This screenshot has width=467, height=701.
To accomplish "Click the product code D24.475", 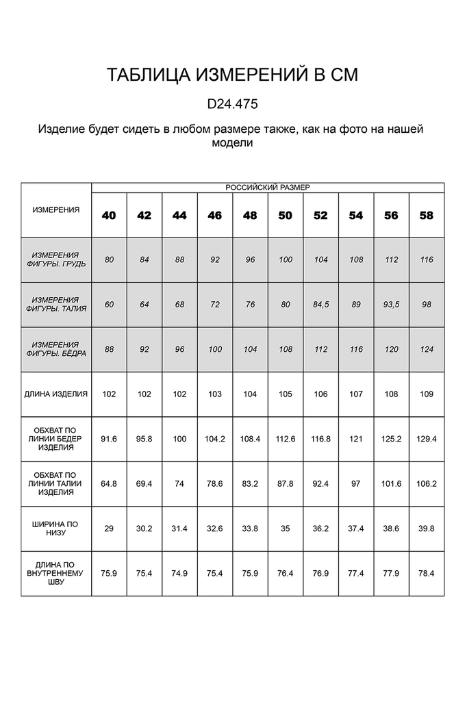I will (232, 105).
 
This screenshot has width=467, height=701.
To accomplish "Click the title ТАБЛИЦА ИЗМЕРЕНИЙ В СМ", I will (232, 75).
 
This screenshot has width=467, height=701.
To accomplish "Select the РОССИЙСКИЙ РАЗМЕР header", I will (268, 187).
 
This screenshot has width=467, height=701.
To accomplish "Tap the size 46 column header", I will (215, 215).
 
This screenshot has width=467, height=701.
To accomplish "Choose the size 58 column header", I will (427, 215).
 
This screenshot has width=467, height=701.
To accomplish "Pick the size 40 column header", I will (109, 215).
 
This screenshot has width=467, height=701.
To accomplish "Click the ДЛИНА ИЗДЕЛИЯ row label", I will (56, 394).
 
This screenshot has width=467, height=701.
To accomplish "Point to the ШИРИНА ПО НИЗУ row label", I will (56, 528).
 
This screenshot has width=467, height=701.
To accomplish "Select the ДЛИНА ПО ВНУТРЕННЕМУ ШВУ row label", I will (56, 573).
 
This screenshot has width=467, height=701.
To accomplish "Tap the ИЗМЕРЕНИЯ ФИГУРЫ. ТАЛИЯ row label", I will (56, 305).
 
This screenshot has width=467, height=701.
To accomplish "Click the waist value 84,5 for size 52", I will (320, 305).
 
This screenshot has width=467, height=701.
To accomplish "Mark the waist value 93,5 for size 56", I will (391, 305).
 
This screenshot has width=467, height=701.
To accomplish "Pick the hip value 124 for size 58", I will (427, 349).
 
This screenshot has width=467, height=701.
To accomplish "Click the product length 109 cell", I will (427, 394).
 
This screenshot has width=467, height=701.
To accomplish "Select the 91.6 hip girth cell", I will (109, 439).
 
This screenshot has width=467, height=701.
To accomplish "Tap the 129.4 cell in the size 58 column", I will (427, 439).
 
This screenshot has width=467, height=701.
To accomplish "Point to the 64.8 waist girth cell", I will (109, 483).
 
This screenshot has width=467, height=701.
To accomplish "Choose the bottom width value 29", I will (109, 528).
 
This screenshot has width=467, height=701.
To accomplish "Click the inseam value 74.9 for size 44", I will (179, 573).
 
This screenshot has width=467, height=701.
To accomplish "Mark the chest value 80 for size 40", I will (109, 260).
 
